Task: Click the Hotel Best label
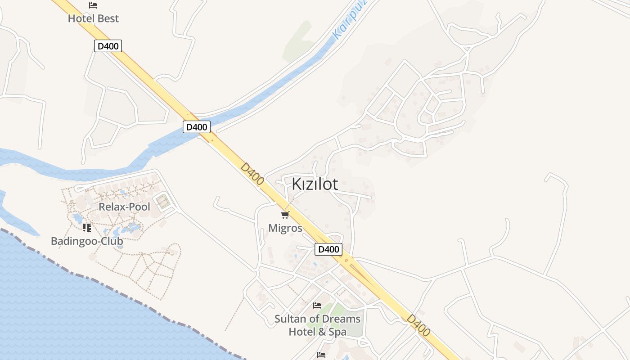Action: [93, 18]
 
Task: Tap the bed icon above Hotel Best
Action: [93, 5]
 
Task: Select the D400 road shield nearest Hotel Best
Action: [108, 45]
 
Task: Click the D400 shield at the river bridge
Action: [197, 127]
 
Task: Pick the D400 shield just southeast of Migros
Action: [328, 249]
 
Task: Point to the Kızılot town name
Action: [315, 184]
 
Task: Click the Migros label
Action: [285, 228]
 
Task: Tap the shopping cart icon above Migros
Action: [285, 215]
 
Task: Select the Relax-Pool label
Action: [124, 207]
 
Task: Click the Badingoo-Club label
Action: [87, 241]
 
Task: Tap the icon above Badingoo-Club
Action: [87, 228]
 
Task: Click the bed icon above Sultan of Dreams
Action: [317, 306]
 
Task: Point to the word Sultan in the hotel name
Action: [290, 319]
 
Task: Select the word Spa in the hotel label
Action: [337, 332]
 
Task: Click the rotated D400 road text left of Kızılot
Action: [252, 173]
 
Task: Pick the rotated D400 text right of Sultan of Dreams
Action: [418, 325]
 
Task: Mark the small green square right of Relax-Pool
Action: [163, 201]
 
